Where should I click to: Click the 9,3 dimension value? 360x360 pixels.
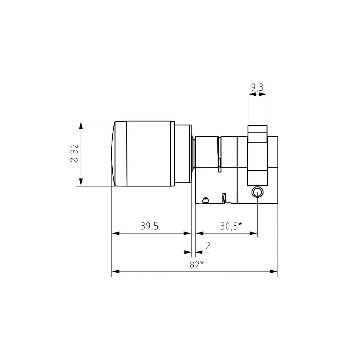tap(257, 87)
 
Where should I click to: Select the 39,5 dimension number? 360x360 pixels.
tap(150, 226)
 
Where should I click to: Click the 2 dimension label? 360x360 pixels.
tap(208, 246)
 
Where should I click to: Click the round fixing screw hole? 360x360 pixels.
tap(258, 192)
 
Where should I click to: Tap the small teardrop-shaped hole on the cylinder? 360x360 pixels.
tap(206, 199)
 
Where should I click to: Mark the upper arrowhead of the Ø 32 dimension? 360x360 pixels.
tap(81, 125)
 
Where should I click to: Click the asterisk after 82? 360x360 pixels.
tap(202, 263)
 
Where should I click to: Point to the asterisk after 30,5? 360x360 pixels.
tap(240, 225)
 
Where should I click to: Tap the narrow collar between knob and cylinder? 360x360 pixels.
tap(183, 154)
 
